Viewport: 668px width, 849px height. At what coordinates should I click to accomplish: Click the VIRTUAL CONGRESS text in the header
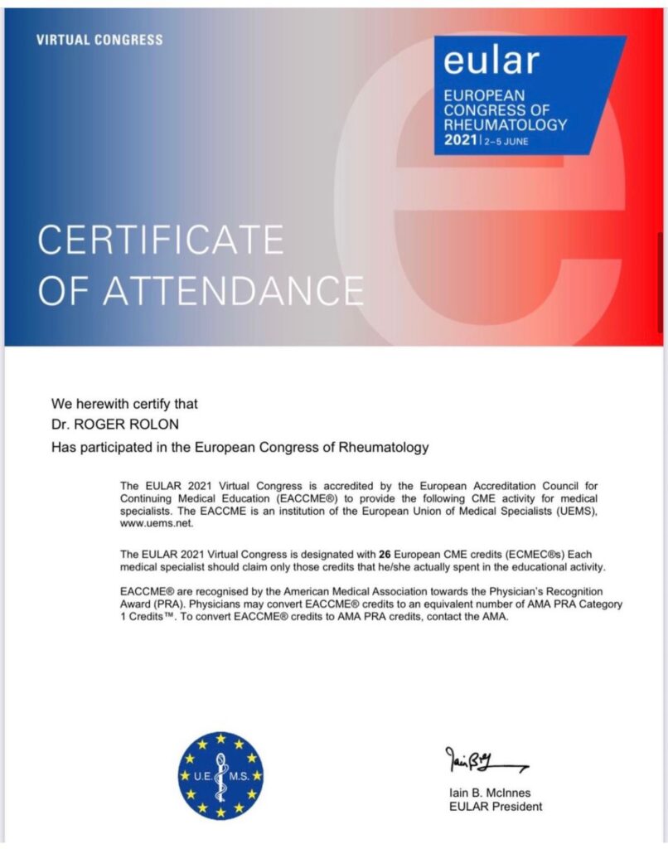(99, 40)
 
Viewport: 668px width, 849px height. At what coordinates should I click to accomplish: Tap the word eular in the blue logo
(491, 60)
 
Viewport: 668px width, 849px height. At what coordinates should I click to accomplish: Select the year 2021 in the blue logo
(461, 140)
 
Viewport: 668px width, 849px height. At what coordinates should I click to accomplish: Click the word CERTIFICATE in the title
(161, 240)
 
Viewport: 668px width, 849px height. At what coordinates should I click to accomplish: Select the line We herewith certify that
(125, 404)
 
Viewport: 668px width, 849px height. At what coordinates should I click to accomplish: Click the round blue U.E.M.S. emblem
(220, 775)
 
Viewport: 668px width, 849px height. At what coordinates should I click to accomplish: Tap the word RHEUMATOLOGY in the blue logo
(506, 124)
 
